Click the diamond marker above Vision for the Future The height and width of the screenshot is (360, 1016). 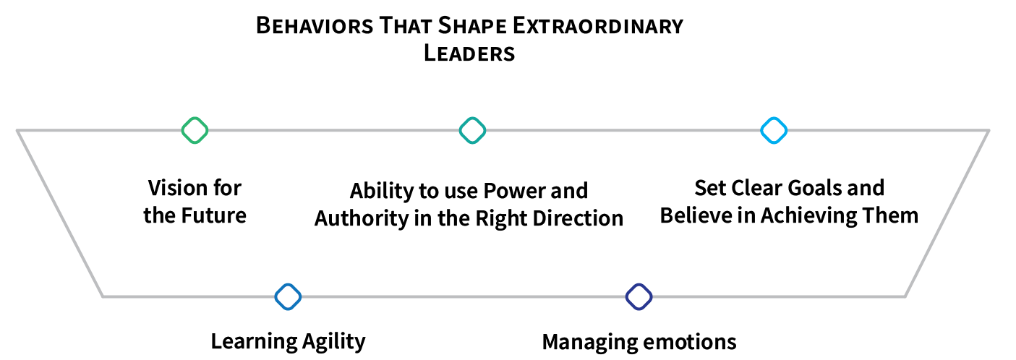pos(195,130)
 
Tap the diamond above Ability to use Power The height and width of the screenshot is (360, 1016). pos(472,130)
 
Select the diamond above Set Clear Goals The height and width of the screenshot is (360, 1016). pos(774,130)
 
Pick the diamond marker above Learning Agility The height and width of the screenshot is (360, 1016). pos(288,296)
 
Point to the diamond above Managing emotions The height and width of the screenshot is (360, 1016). pos(639,296)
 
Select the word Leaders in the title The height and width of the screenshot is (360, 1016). pos(469,53)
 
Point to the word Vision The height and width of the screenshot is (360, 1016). pos(174,189)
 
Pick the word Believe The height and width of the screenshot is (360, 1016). pos(695,215)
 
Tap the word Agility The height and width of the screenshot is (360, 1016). pos(333,341)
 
